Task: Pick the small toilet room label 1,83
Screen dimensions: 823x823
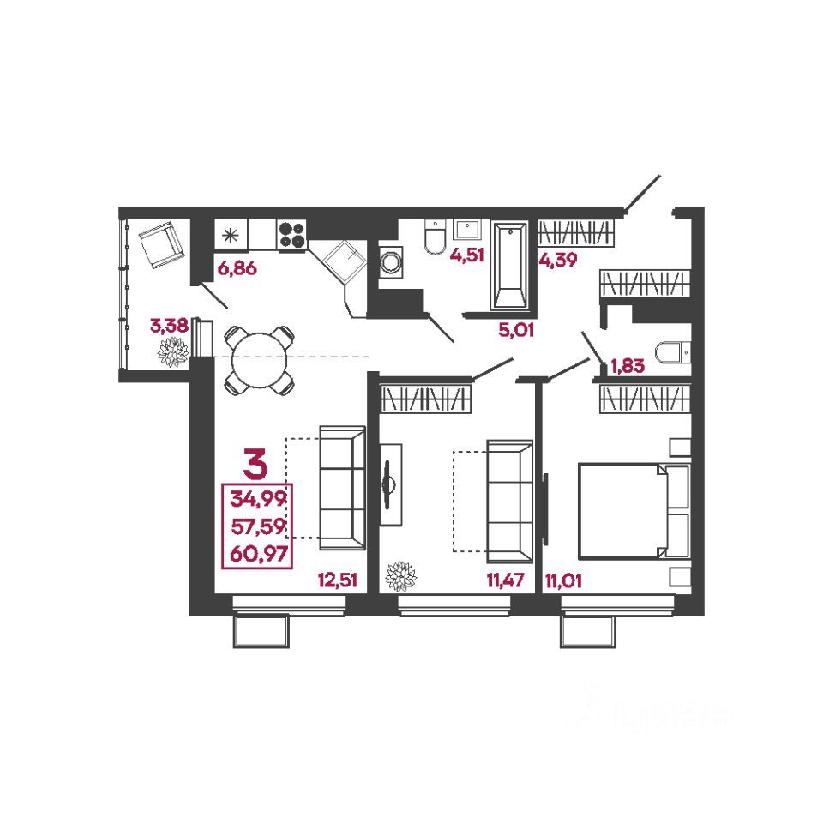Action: coord(627,369)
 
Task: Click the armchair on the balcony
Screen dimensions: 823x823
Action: coord(159,244)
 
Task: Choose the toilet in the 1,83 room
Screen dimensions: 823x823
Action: coord(671,351)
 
